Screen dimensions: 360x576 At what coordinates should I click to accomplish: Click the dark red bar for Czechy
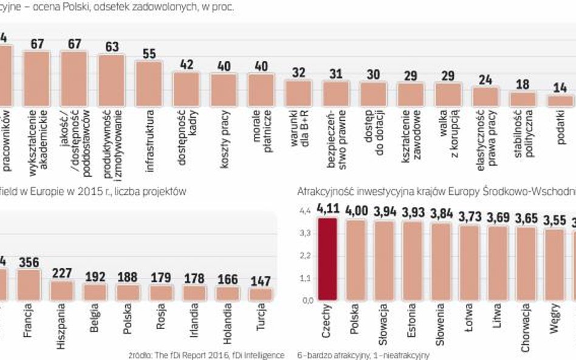pyautogui.click(x=327, y=259)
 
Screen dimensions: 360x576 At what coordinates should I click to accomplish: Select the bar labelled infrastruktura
pyautogui.click(x=149, y=83)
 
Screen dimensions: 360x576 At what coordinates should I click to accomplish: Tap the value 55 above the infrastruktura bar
pyautogui.click(x=149, y=53)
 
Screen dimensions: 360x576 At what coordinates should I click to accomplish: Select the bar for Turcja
pyautogui.click(x=262, y=294)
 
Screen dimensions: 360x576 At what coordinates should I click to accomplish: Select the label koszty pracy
pyautogui.click(x=223, y=127)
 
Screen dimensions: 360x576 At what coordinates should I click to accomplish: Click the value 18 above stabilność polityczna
pyautogui.click(x=523, y=84)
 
